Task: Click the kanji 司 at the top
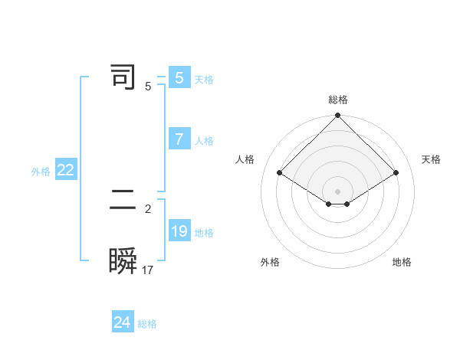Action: tap(123, 77)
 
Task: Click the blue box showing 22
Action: tap(65, 171)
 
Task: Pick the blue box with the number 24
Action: tap(122, 322)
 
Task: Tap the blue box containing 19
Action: tap(179, 231)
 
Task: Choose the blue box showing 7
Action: tap(179, 139)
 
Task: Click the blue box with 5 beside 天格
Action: tap(179, 78)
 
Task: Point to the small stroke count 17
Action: tap(148, 270)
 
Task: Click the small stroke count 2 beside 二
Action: tap(148, 208)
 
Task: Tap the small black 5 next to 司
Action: tap(148, 86)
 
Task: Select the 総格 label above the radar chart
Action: tap(338, 100)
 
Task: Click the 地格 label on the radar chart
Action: tap(402, 263)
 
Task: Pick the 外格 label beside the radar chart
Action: tap(270, 263)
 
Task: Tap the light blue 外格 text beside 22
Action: tap(41, 172)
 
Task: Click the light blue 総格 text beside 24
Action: tap(147, 324)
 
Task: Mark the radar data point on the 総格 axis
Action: tap(338, 116)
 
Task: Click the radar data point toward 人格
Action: tap(280, 173)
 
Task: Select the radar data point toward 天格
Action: tap(396, 173)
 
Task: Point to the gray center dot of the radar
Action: tap(338, 191)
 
